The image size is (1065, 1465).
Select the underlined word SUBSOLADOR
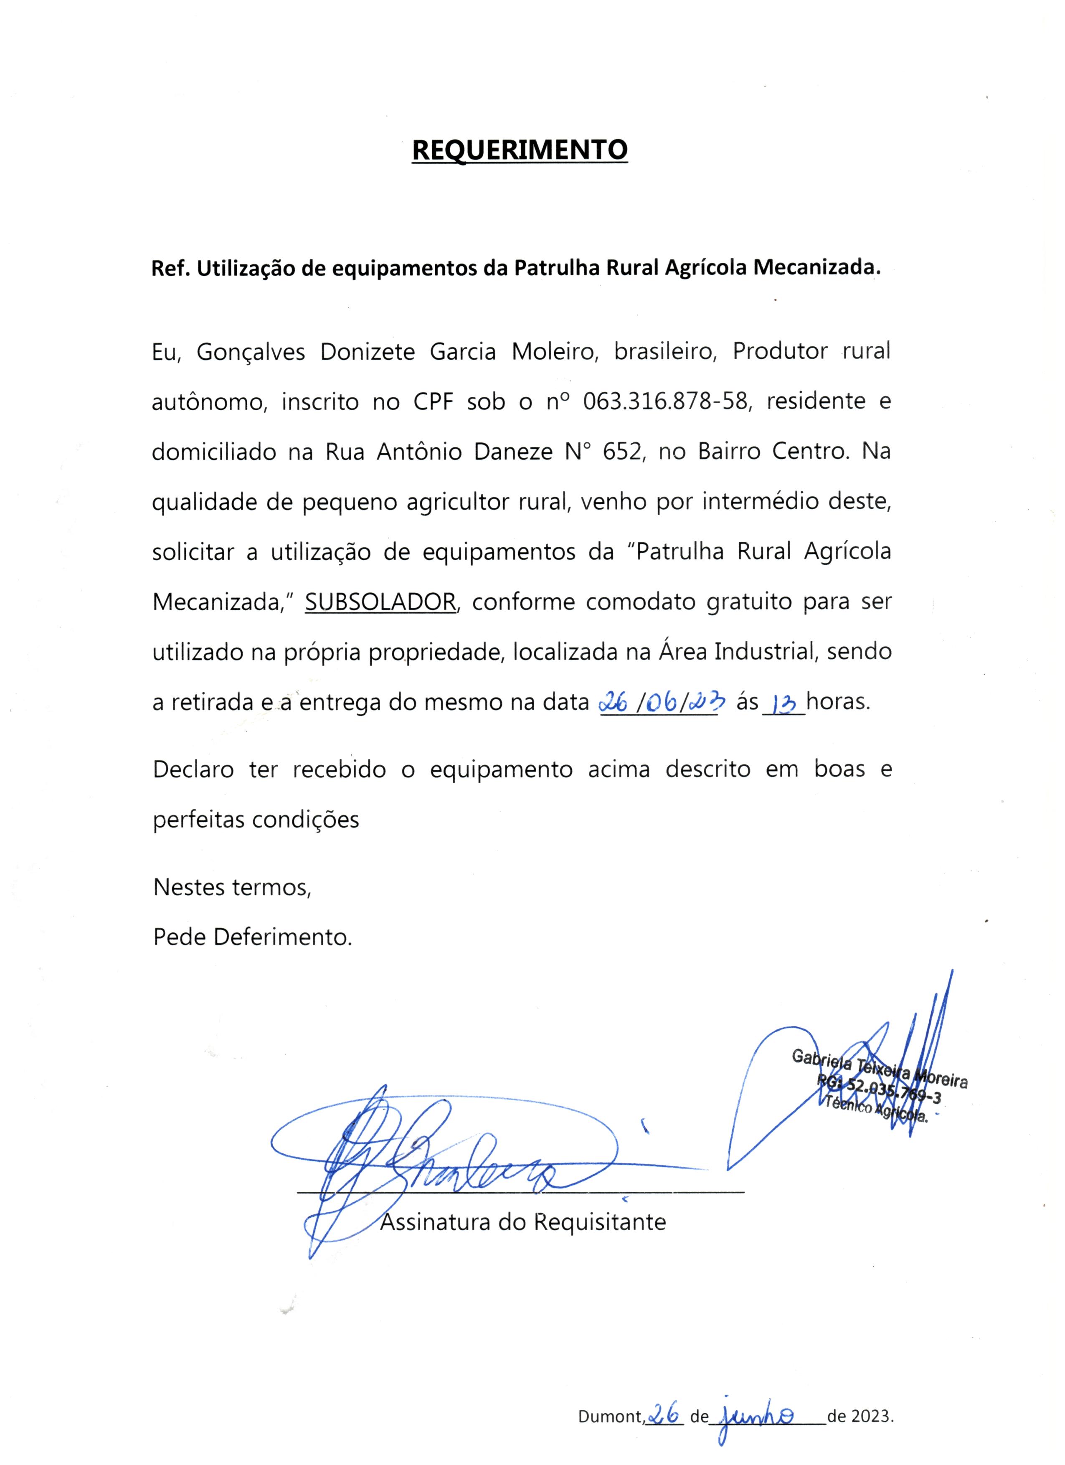click(380, 602)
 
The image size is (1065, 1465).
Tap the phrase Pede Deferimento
click(253, 937)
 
